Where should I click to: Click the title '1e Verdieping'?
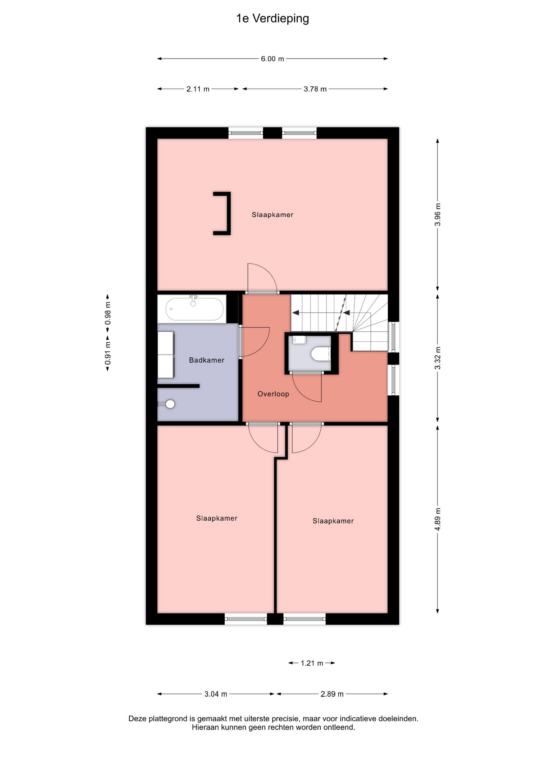pyautogui.click(x=272, y=18)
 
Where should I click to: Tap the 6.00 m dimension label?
pyautogui.click(x=272, y=59)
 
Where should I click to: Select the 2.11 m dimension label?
pyautogui.click(x=198, y=89)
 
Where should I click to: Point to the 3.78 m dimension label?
pyautogui.click(x=315, y=89)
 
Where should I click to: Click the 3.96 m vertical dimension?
pyautogui.click(x=437, y=215)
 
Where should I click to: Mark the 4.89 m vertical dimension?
pyautogui.click(x=437, y=519)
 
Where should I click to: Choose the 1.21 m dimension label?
pyautogui.click(x=312, y=663)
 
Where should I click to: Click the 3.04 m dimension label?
pyautogui.click(x=216, y=694)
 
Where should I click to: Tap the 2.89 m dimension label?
pyautogui.click(x=332, y=694)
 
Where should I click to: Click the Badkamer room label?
pyautogui.click(x=207, y=360)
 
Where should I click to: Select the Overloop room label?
pyautogui.click(x=273, y=394)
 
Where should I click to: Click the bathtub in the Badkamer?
pyautogui.click(x=195, y=309)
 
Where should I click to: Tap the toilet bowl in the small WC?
pyautogui.click(x=320, y=354)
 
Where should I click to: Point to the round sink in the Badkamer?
pyautogui.click(x=170, y=404)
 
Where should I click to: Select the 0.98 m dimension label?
pyautogui.click(x=108, y=313)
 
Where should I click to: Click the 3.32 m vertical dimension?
pyautogui.click(x=437, y=358)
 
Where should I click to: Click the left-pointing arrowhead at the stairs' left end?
pyautogui.click(x=295, y=313)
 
